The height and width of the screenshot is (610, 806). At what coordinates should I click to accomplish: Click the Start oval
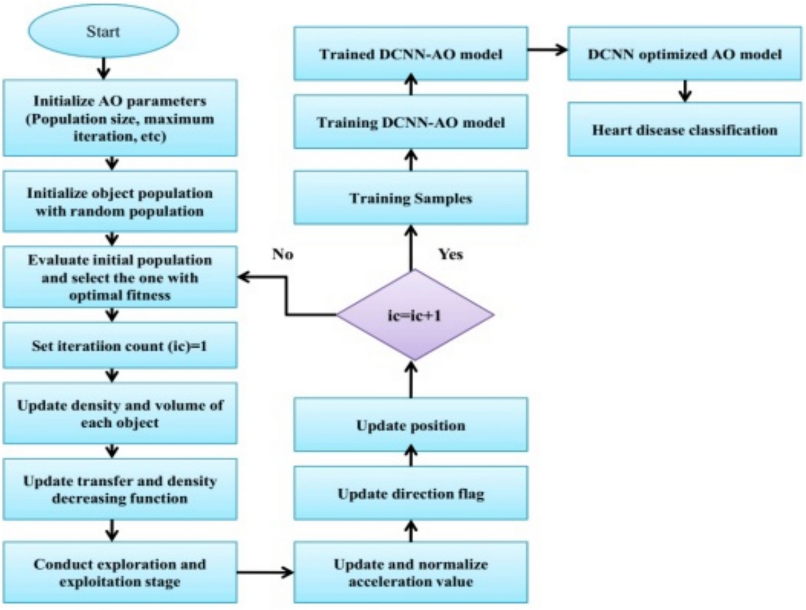coord(103,31)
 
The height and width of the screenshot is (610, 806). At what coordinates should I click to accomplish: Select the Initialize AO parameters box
coord(120,118)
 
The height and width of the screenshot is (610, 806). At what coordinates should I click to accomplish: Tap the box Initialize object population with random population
coord(120,202)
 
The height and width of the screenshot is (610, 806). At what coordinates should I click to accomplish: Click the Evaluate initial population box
coord(120,277)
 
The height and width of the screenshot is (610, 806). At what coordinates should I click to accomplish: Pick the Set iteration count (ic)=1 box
coord(120,346)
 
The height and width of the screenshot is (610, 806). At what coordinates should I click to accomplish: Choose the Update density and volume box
coord(120,414)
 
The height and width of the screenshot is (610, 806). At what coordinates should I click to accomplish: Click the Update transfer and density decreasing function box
coord(120,489)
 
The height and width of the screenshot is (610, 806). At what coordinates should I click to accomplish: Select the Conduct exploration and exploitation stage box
coord(120,572)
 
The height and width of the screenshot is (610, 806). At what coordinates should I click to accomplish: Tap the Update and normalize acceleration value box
coord(410,572)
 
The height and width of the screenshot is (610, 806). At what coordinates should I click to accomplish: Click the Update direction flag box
coord(410,493)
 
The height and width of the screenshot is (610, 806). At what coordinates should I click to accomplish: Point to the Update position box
coord(410,425)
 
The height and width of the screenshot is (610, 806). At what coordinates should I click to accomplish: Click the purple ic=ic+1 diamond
coord(415,315)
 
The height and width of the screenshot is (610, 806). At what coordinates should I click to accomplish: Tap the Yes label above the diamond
coord(450,254)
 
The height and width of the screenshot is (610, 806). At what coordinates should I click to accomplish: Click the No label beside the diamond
coord(282,254)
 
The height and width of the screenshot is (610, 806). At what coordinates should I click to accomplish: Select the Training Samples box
coord(410,198)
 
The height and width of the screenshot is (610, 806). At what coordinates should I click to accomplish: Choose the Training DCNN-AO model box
coord(410,122)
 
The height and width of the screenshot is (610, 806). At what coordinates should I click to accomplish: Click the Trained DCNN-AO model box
coord(410,54)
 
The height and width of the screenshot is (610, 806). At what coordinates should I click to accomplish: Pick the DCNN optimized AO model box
coord(684,54)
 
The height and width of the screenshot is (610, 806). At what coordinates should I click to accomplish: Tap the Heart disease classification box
coord(684,130)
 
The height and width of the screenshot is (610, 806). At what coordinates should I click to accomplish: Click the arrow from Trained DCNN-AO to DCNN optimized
coord(547,50)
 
